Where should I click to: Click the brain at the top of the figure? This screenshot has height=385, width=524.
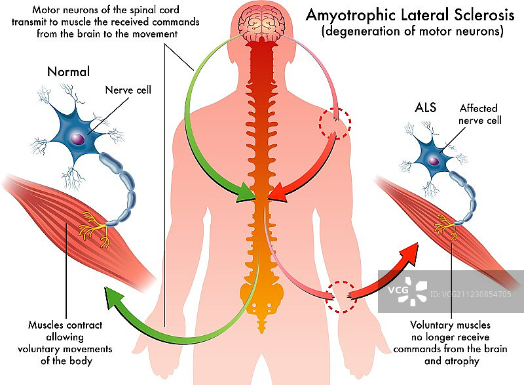[262, 22]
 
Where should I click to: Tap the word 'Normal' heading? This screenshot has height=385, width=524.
[68, 71]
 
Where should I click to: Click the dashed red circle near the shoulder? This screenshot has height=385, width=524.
[335, 122]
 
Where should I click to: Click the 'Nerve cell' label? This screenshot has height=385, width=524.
[128, 90]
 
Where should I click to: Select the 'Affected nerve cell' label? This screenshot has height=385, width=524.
[478, 114]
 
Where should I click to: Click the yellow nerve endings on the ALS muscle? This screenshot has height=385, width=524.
[447, 228]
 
